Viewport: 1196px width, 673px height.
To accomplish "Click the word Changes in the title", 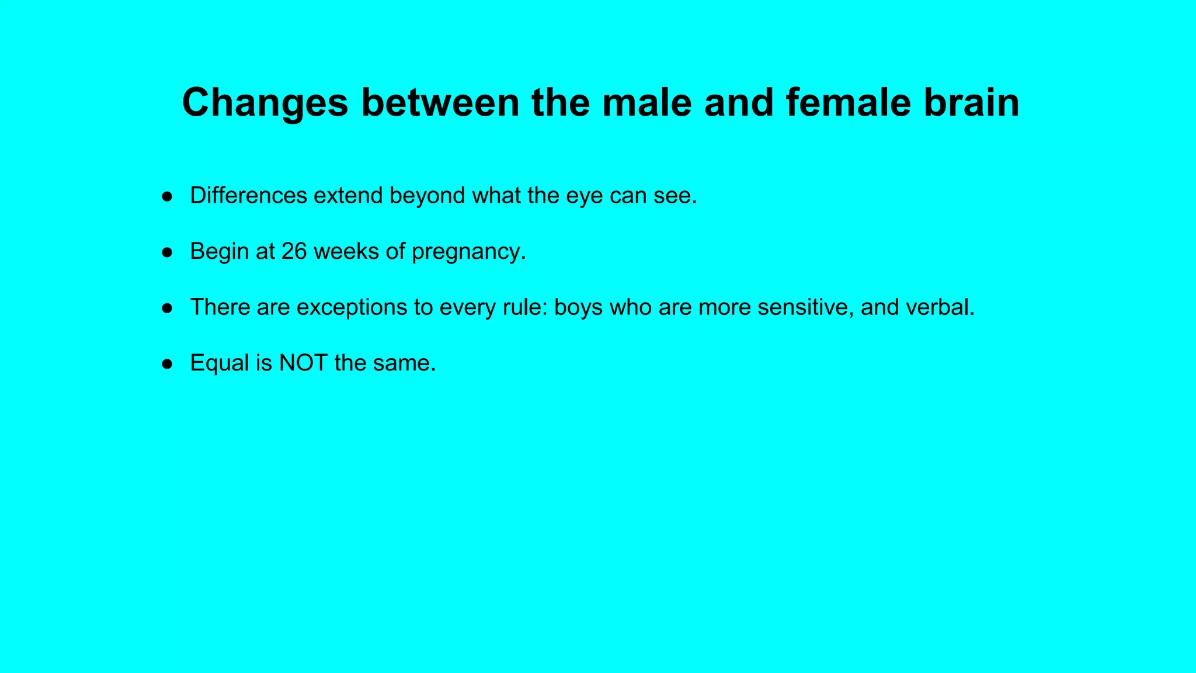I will click(265, 103).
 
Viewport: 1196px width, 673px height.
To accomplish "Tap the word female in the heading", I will click(848, 103).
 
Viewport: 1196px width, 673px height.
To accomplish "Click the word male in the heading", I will click(646, 103).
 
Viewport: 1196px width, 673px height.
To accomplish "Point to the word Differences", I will click(248, 195).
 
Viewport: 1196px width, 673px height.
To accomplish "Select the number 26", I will click(294, 251).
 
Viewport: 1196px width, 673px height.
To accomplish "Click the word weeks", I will click(346, 251).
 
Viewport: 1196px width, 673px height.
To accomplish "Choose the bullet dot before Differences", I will click(168, 196).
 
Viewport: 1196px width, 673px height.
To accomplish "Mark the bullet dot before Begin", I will click(168, 252).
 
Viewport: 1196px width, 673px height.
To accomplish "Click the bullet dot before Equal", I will click(168, 364).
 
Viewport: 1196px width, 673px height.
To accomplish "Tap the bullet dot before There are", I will click(168, 308).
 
